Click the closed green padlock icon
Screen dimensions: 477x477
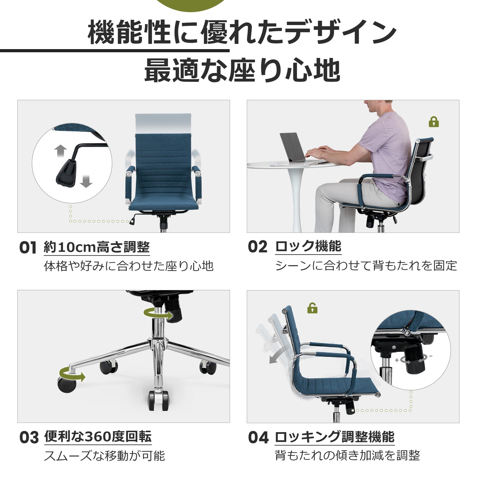pyautogui.click(x=434, y=122)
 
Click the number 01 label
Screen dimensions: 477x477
pyautogui.click(x=28, y=247)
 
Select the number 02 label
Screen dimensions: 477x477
pyautogui.click(x=257, y=247)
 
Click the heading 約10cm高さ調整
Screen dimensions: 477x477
pyautogui.click(x=97, y=247)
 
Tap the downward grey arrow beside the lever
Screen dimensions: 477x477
pyautogui.click(x=86, y=181)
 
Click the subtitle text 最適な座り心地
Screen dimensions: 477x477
pyautogui.click(x=242, y=70)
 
